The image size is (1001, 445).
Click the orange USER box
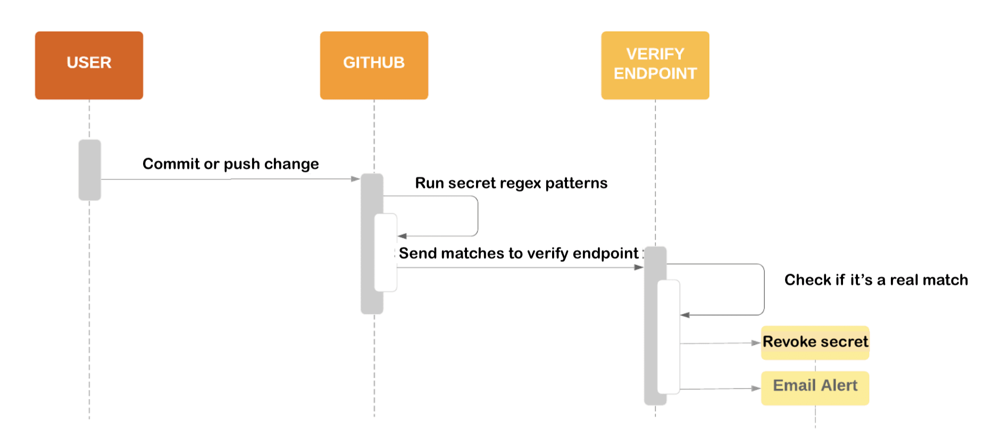coord(89,65)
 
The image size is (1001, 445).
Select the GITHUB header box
coord(373,65)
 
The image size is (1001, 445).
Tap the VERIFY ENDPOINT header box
coord(655,65)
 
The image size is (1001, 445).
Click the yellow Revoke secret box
coord(815,342)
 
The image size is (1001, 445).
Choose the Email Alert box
coord(815,387)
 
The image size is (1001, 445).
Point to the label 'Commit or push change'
coord(230,164)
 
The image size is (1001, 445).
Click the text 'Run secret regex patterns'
coord(511,183)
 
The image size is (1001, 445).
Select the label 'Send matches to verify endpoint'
coord(518,253)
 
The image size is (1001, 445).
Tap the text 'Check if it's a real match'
coord(875,280)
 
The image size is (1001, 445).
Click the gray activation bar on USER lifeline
coord(89,170)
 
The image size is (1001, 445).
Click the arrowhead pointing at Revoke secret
coord(756,343)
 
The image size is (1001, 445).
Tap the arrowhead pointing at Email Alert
coord(756,389)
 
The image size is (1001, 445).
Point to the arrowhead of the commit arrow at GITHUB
coord(356,179)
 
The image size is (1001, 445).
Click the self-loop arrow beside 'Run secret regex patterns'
coord(477,216)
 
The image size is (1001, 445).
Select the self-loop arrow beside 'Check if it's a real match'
coord(764,289)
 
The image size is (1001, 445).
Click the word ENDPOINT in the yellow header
coord(655,73)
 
